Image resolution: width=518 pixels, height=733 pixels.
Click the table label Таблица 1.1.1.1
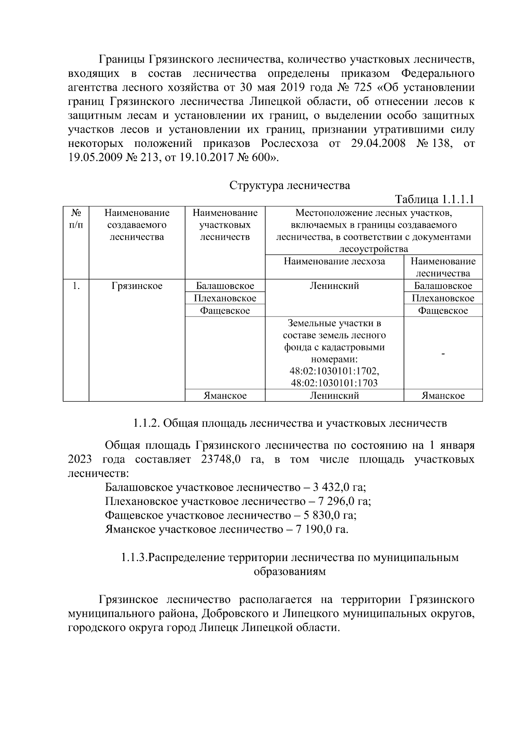(x=435, y=200)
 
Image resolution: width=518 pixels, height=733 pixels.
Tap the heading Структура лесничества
(x=289, y=186)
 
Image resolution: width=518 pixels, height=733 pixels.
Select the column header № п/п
(x=76, y=219)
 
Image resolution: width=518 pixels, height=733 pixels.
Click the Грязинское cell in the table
(x=137, y=286)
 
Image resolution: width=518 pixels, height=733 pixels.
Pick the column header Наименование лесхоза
(x=334, y=261)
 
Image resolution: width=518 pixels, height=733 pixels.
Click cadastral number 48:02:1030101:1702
(x=334, y=371)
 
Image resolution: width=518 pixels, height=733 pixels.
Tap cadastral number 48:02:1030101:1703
(x=334, y=383)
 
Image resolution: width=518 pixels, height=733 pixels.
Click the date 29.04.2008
(x=378, y=144)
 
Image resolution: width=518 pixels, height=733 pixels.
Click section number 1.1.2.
(x=147, y=423)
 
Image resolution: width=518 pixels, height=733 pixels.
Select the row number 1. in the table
(x=76, y=286)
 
